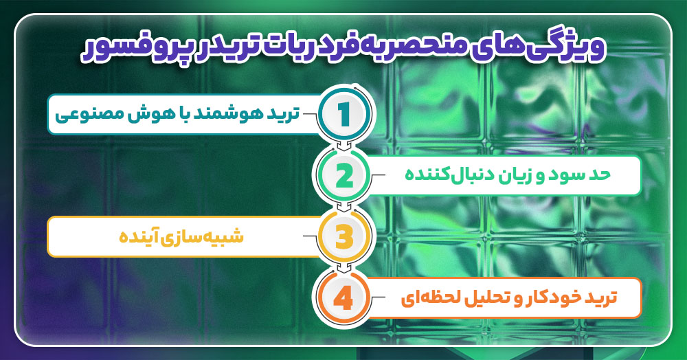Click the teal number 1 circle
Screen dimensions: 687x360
344,114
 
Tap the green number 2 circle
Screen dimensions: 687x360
344,176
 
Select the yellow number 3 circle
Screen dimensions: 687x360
344,237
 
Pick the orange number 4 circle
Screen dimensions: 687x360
344,298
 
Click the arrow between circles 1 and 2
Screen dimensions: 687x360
344,146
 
